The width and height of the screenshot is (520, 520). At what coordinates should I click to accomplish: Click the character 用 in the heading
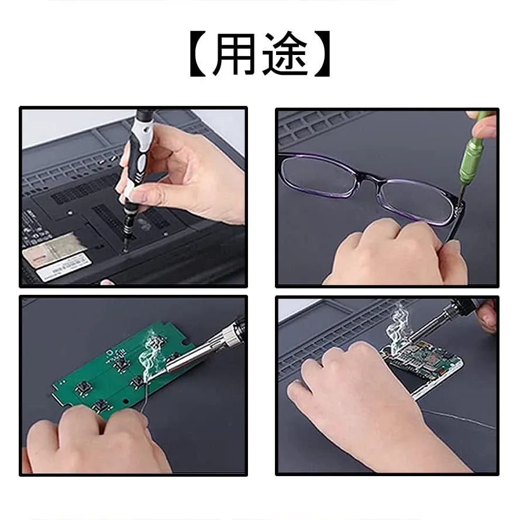click(x=234, y=54)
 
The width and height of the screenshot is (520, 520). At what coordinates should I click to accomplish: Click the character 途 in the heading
click(x=285, y=54)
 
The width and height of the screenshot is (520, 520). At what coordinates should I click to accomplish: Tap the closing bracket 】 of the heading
click(x=322, y=54)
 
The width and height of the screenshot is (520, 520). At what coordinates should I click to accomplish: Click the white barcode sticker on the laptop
click(x=64, y=266)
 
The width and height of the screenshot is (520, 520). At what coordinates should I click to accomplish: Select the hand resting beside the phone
click(x=365, y=405)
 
